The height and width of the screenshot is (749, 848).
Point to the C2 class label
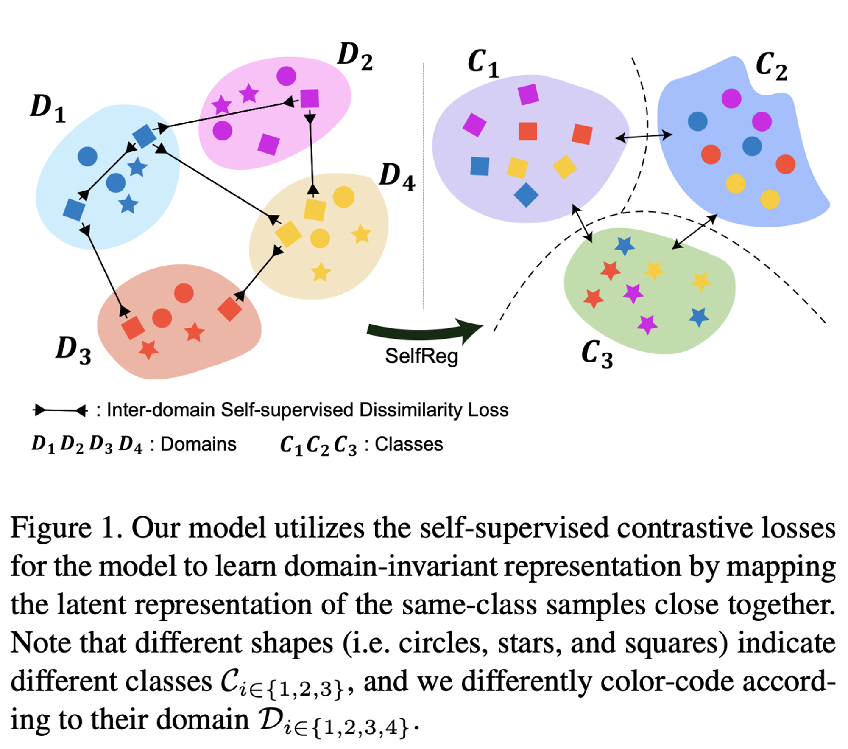pyautogui.click(x=771, y=67)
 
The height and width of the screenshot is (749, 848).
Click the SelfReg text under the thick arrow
pyautogui.click(x=421, y=356)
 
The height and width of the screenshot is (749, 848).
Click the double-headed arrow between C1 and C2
pyautogui.click(x=644, y=136)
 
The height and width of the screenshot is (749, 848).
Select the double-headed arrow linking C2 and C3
pyautogui.click(x=695, y=231)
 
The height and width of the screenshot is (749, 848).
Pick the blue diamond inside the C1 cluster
pyautogui.click(x=526, y=195)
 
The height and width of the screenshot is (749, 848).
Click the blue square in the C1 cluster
pyautogui.click(x=480, y=166)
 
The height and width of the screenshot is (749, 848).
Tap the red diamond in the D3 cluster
pyautogui.click(x=229, y=309)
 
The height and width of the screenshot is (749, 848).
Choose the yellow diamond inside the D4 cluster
pyautogui.click(x=288, y=233)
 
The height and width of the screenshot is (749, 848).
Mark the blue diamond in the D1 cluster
pyautogui.click(x=144, y=136)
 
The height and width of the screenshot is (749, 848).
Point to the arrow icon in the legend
pyautogui.click(x=60, y=410)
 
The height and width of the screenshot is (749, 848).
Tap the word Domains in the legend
pyautogui.click(x=198, y=444)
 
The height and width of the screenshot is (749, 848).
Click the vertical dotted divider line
pyautogui.click(x=424, y=187)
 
